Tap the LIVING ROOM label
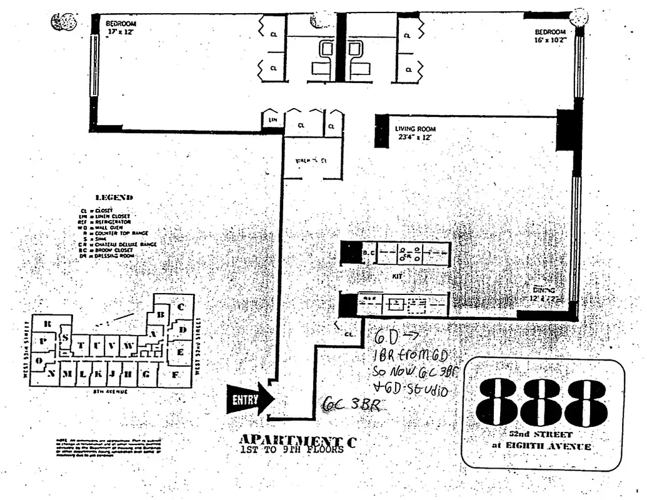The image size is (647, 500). click(x=416, y=129)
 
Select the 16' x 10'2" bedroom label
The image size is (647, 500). click(x=549, y=36)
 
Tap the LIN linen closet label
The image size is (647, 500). click(x=273, y=119)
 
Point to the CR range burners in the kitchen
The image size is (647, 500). click(x=407, y=254)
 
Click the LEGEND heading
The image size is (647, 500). click(x=113, y=197)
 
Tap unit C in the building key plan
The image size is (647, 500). click(x=181, y=307)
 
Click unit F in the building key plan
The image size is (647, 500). click(x=175, y=374)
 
